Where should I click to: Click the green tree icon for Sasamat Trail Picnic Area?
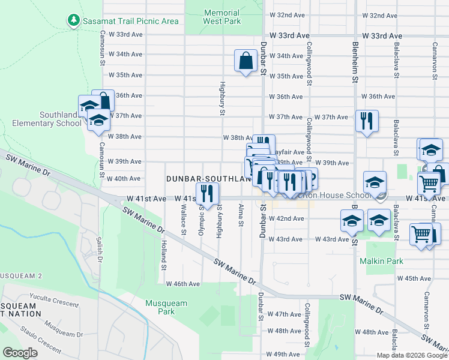tap(74, 20)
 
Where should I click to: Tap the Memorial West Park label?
tap(221, 17)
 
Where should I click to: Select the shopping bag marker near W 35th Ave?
tap(245, 61)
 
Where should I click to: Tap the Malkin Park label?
tap(381, 261)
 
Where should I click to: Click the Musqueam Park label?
tap(162, 307)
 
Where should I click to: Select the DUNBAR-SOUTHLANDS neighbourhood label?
tap(207, 179)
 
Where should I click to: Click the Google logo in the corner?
tap(20, 353)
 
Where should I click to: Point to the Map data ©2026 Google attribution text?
tap(411, 355)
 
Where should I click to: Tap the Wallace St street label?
tap(184, 220)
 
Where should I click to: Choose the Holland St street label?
tap(163, 252)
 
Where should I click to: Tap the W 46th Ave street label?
tap(182, 284)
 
